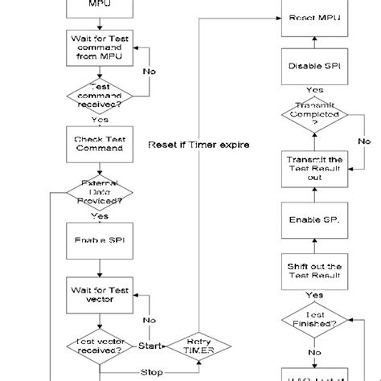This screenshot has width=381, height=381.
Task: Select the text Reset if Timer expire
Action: coord(199,145)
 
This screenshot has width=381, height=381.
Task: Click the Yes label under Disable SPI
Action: coord(315,90)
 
